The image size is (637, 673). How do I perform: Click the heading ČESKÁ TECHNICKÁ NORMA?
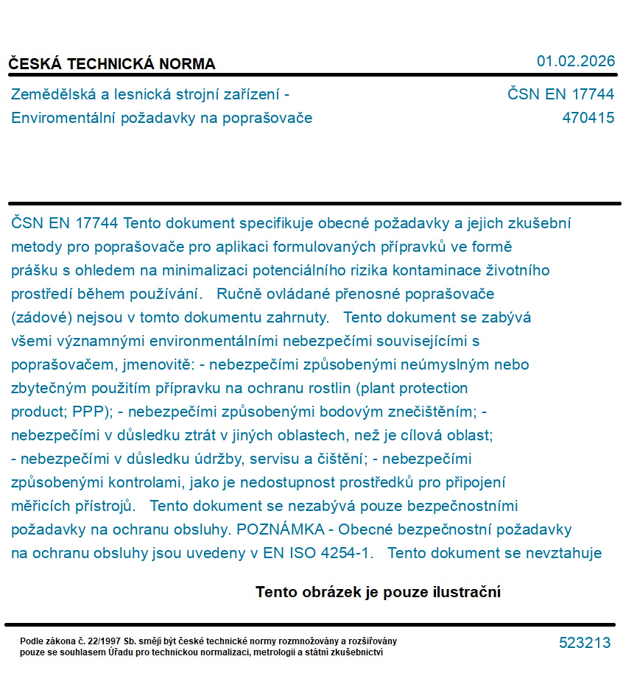point(112,64)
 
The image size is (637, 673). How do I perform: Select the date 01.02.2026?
point(575,61)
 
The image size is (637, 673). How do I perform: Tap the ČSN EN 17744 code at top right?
point(560,94)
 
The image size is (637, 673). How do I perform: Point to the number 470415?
point(588,118)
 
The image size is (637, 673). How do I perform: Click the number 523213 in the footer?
point(585,643)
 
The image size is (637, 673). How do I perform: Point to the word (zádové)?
point(41,317)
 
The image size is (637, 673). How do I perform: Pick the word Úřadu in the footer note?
point(123,652)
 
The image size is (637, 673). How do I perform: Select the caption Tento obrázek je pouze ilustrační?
point(378,592)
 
